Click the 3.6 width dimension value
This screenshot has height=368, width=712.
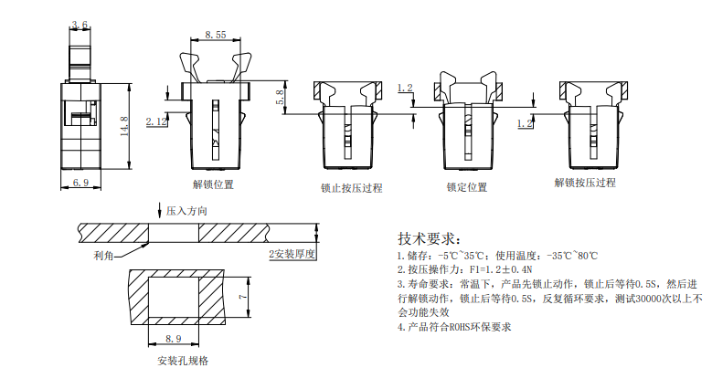tap(80, 26)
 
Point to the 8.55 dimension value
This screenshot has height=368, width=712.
tap(216, 34)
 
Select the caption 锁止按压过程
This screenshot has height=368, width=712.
tap(351, 188)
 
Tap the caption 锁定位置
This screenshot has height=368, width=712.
tap(467, 187)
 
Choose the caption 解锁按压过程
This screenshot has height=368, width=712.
tap(585, 183)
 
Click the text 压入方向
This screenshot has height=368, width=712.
tap(187, 211)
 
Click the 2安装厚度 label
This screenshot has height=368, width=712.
tap(292, 253)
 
